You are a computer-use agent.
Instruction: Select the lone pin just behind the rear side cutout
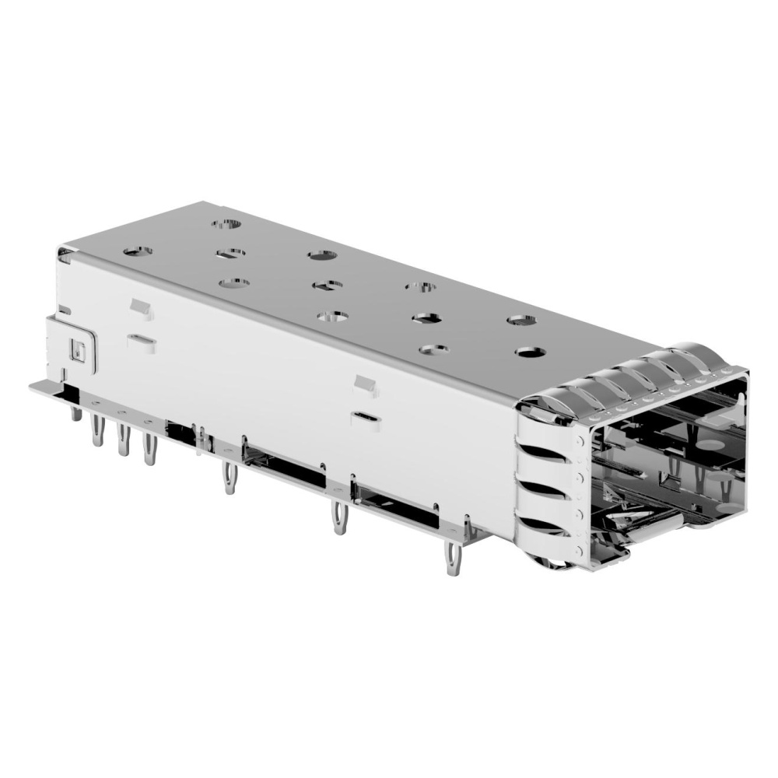coord(230,476)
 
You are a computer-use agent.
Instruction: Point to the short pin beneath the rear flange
coord(75,411)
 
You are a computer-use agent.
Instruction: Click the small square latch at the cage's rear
coord(78,349)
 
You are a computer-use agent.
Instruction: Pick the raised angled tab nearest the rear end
coord(140,308)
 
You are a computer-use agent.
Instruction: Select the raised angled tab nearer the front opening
coord(364,384)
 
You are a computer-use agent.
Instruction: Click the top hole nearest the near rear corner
coord(138,252)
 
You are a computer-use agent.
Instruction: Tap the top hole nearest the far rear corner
coord(227,224)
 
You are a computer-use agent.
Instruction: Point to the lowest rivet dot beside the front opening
coord(579,549)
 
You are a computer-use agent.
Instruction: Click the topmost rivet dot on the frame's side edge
coord(577,440)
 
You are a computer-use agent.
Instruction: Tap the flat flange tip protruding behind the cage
coord(39,386)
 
